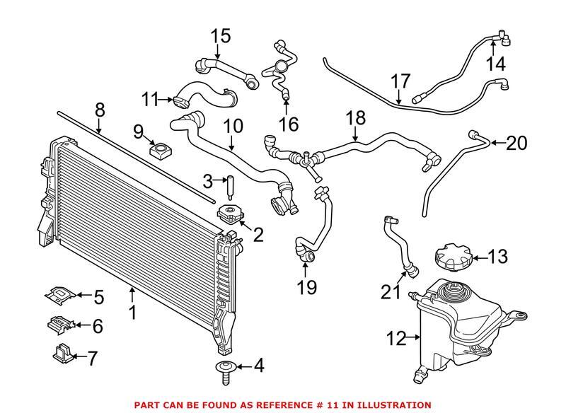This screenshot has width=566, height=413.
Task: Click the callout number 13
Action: coord(497,257)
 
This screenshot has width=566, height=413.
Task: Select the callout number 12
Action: coord(397,339)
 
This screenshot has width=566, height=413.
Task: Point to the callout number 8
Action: coord(100,110)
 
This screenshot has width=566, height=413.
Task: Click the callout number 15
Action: coord(221,35)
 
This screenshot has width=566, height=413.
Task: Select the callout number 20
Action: coord(516,144)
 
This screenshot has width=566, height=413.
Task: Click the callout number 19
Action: coord(307,287)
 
